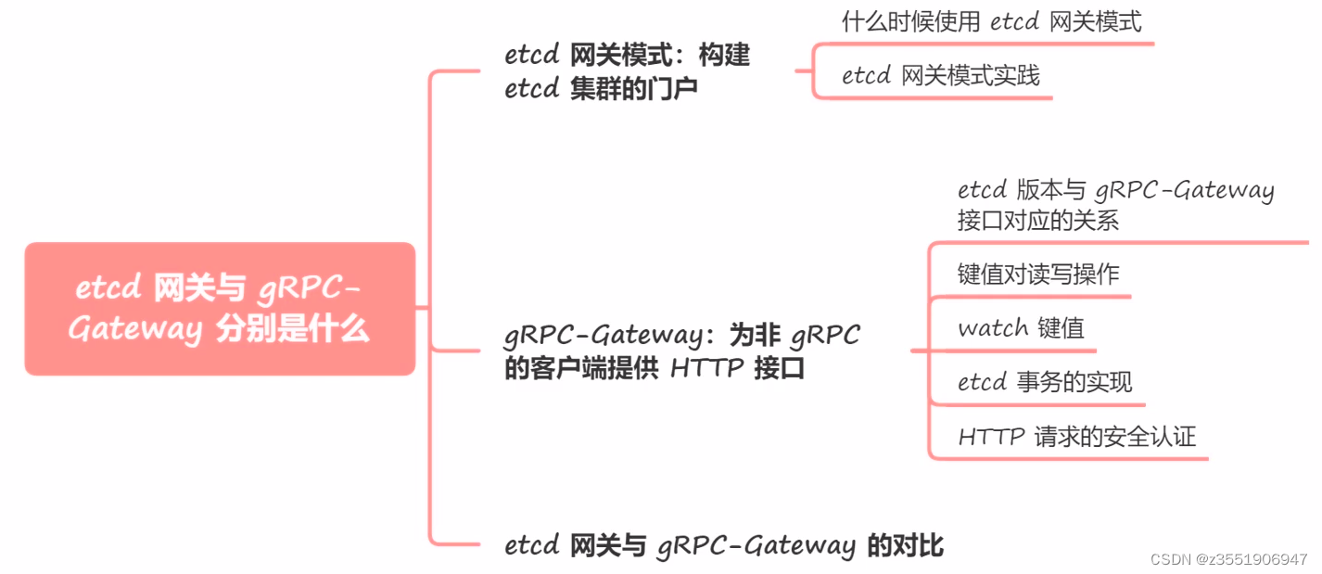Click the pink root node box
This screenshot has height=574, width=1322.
coord(220,309)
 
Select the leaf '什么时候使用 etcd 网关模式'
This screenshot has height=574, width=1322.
coord(991,22)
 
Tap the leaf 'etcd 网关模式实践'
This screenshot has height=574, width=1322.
coord(940,75)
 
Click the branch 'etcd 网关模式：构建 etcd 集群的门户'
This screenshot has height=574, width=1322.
coord(628,72)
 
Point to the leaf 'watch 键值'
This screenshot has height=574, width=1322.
coord(1021,328)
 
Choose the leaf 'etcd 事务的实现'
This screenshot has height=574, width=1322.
coord(1045,382)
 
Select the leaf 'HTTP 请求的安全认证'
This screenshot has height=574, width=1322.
coord(1077,436)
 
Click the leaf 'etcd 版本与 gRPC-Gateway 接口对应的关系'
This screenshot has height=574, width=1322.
coord(1115,205)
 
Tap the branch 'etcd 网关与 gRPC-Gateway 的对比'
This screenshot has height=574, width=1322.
coord(724,545)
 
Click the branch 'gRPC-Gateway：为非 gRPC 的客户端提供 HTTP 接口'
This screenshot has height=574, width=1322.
coord(681,351)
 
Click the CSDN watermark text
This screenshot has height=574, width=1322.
coord(1228,559)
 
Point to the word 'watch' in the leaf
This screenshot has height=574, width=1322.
coord(993,328)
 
